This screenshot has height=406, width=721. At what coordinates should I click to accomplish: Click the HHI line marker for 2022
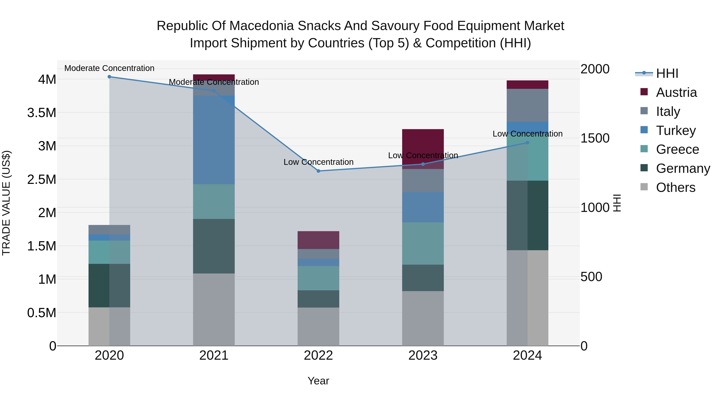click(x=318, y=171)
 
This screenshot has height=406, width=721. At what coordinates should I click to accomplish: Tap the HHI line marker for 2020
click(x=109, y=77)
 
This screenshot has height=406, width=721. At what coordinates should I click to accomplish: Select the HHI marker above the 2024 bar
click(x=527, y=143)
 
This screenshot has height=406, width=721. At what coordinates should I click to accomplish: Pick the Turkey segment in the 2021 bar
click(x=214, y=140)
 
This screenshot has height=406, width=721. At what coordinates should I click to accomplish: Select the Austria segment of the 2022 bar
click(x=318, y=240)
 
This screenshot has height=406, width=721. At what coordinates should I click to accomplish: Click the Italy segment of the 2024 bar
click(x=527, y=105)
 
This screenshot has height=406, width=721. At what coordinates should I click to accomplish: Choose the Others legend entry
click(x=675, y=187)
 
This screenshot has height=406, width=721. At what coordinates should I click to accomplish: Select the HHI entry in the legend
click(x=667, y=73)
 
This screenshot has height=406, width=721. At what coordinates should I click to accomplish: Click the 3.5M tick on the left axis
click(x=41, y=113)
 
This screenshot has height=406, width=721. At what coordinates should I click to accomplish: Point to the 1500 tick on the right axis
click(x=595, y=138)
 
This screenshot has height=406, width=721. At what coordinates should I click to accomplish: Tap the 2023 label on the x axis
click(x=423, y=355)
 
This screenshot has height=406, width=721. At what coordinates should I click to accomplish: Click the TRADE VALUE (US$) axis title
click(x=6, y=203)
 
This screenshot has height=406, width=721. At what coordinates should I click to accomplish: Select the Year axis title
click(x=318, y=381)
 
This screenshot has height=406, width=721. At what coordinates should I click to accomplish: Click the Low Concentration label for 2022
click(x=318, y=162)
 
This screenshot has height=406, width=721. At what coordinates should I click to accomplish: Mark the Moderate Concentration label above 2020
click(x=109, y=68)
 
